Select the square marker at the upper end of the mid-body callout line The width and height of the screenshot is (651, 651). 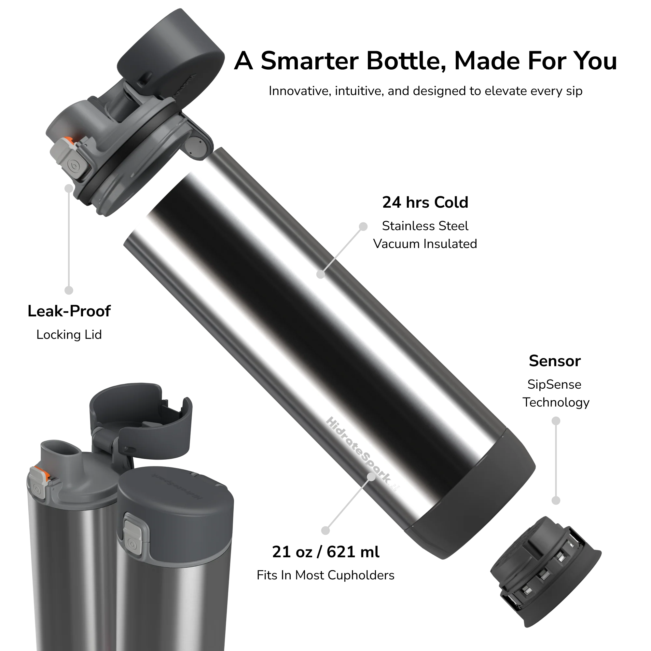tap(363, 227)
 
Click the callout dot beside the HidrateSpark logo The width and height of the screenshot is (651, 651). tap(372, 477)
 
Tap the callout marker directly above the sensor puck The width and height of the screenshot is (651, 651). tap(556, 500)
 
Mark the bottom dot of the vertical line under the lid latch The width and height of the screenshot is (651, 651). tap(69, 290)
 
